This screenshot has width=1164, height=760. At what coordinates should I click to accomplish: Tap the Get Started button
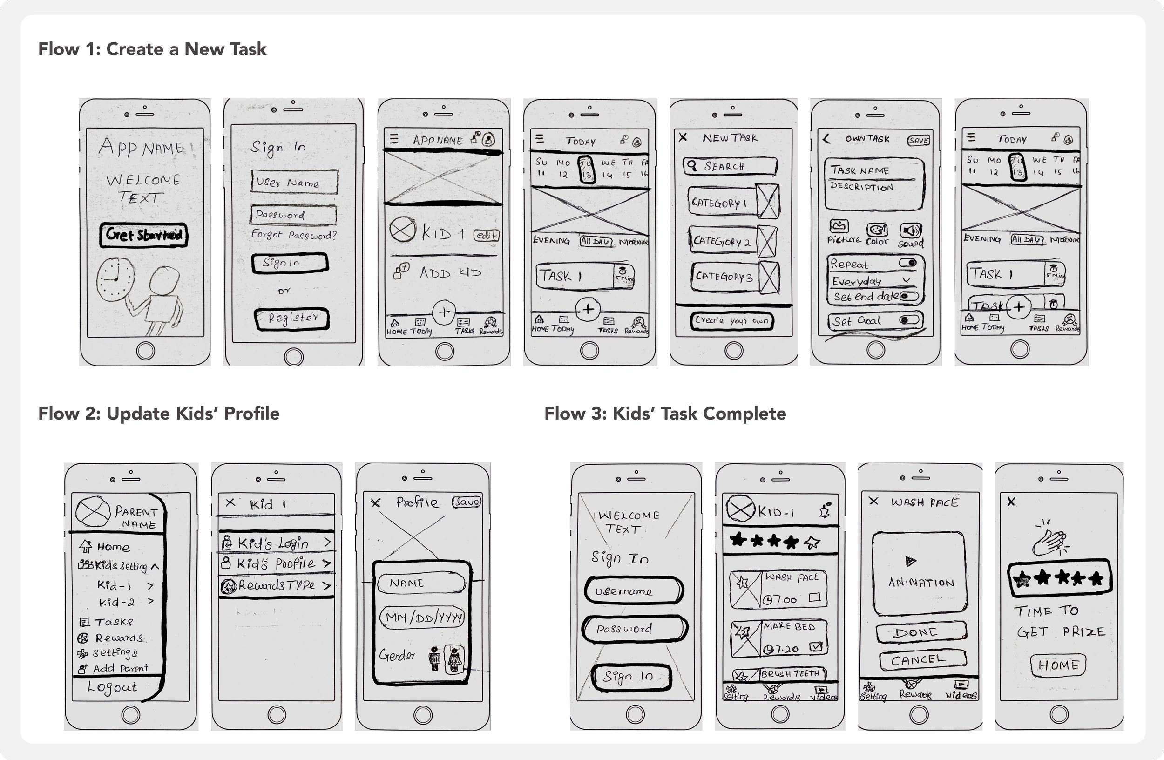pos(144,235)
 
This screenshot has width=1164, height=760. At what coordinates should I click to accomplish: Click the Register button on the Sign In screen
pos(292,319)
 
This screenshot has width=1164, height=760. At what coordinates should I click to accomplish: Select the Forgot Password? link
pos(293,235)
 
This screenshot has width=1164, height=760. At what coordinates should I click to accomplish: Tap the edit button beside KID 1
pos(486,235)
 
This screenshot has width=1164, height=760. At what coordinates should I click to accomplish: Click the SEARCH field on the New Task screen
pos(730,166)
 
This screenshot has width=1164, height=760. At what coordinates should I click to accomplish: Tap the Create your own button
pos(731,321)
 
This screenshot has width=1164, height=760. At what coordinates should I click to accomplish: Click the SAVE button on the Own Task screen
pos(919,140)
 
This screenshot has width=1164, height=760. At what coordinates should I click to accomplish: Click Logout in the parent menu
pos(113,687)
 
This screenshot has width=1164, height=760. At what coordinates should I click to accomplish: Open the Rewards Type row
pos(276,585)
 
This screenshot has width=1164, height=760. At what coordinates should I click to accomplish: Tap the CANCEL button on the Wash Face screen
pos(922,660)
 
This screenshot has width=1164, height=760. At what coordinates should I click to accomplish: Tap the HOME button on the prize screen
pos(1058,665)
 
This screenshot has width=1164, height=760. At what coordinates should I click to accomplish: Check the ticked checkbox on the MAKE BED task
pos(815,647)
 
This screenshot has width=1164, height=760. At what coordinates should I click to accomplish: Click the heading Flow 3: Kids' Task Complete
pos(665,414)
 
